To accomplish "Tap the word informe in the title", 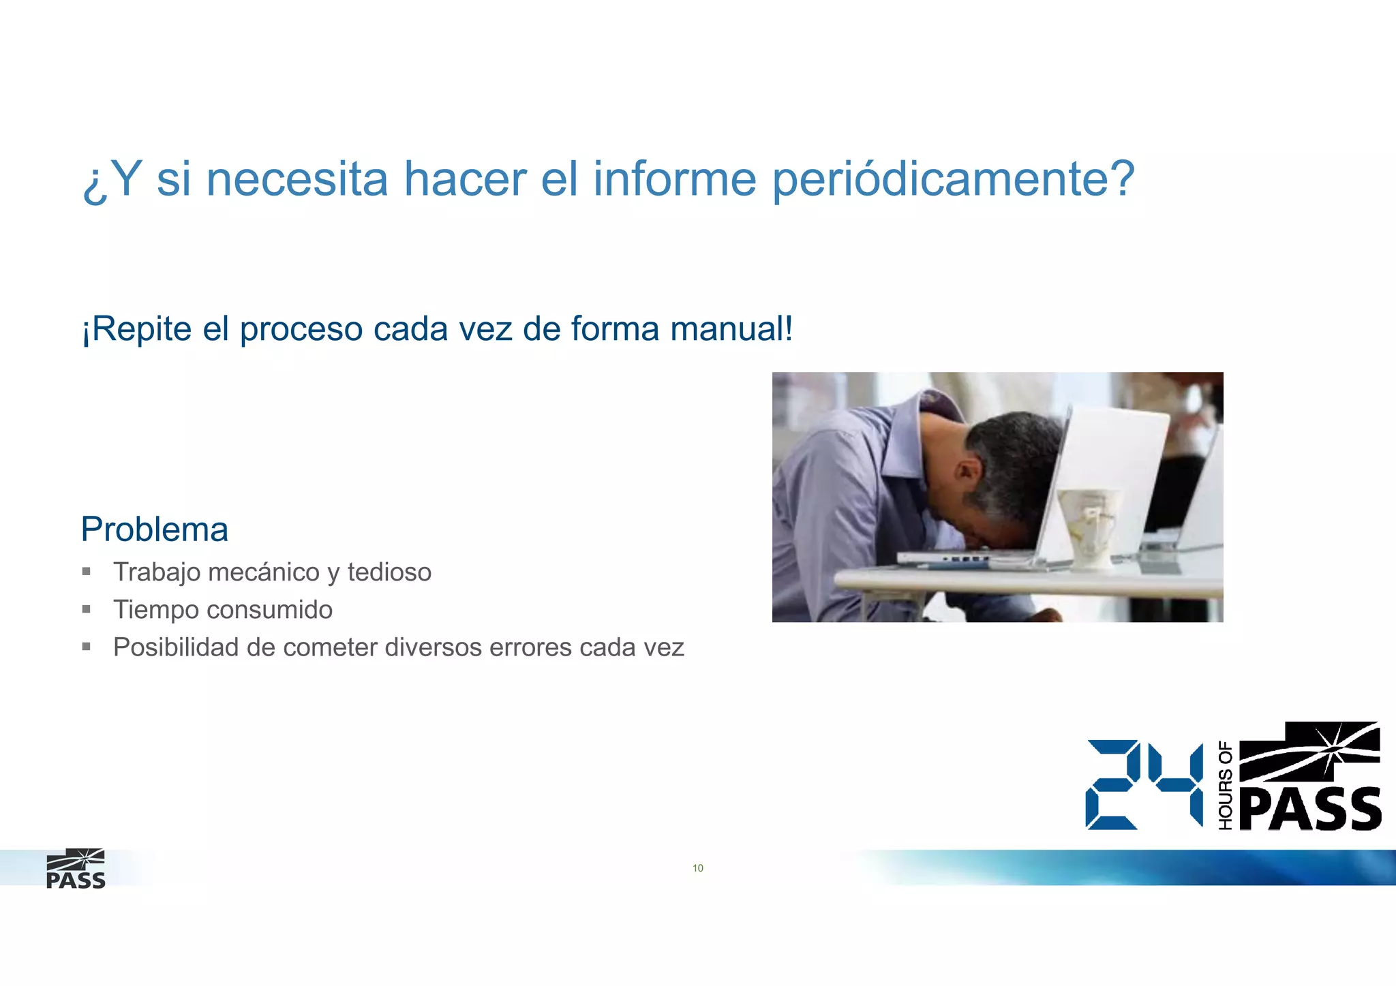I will [x=674, y=179].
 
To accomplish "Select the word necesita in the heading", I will [x=297, y=179].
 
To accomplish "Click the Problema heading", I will [x=154, y=529].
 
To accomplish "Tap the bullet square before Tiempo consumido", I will [x=87, y=609].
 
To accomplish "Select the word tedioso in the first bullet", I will [x=389, y=572].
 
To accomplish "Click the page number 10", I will [x=698, y=868].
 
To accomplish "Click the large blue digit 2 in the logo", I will [x=1112, y=785].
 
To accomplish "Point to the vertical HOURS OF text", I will [x=1225, y=786].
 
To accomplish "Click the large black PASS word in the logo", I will [x=1310, y=810].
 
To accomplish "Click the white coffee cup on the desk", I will [x=1089, y=525].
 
